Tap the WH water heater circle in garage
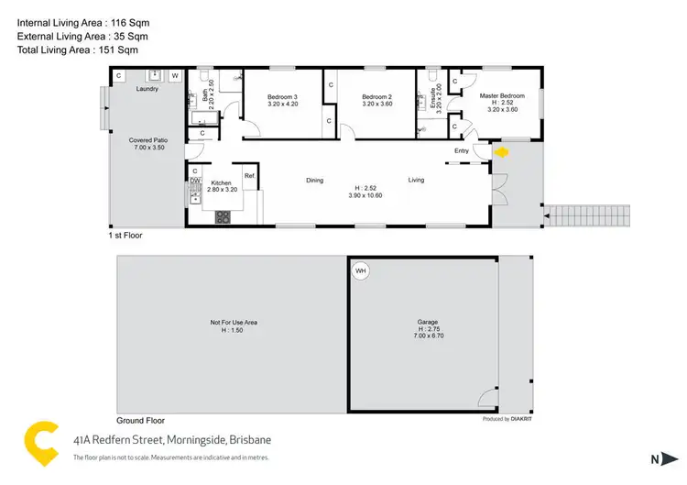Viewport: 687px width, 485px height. coord(360,270)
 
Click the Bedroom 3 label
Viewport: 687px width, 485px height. coord(282,97)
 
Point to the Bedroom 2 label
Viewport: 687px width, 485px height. coord(376,97)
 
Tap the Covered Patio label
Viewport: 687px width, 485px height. coord(147,140)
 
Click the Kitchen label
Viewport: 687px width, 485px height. coord(222,182)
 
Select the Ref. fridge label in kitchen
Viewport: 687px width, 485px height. coord(248,176)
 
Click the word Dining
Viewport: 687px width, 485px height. coord(315,180)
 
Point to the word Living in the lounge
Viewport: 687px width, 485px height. coord(417,180)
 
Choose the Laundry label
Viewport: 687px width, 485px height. coord(147,89)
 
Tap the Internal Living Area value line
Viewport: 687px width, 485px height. coord(83,20)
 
